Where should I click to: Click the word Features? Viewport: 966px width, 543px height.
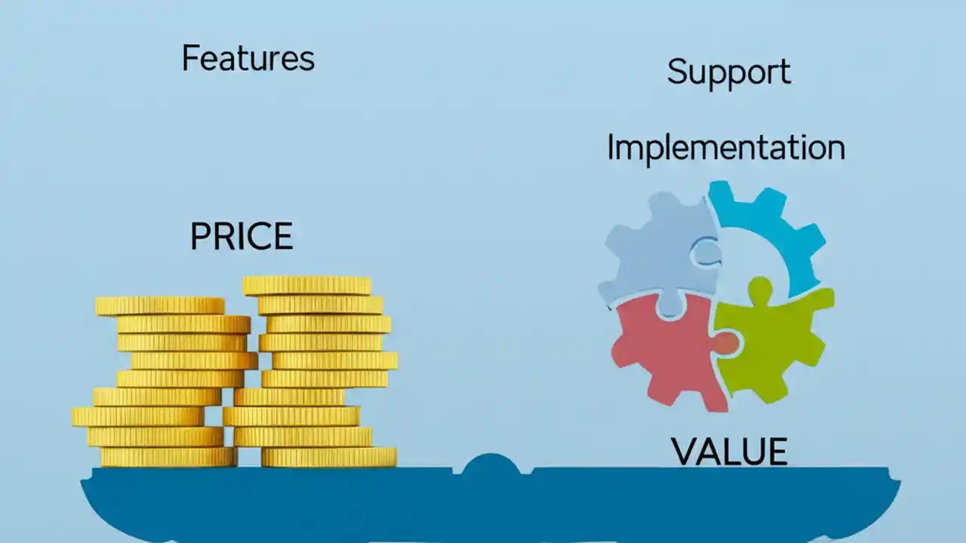click(248, 58)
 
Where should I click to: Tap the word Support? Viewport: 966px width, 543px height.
click(728, 72)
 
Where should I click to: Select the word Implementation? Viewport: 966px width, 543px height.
click(725, 147)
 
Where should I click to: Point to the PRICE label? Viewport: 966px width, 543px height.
click(241, 237)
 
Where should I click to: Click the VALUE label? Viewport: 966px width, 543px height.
click(728, 451)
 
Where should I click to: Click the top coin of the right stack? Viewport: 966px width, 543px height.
click(306, 285)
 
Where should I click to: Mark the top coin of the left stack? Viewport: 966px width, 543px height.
click(159, 305)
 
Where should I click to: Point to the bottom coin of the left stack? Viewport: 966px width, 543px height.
click(168, 457)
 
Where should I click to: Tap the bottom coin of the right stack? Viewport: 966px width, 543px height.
click(328, 457)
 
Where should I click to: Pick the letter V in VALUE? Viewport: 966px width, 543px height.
click(685, 451)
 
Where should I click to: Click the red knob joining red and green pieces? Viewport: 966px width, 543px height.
click(726, 343)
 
